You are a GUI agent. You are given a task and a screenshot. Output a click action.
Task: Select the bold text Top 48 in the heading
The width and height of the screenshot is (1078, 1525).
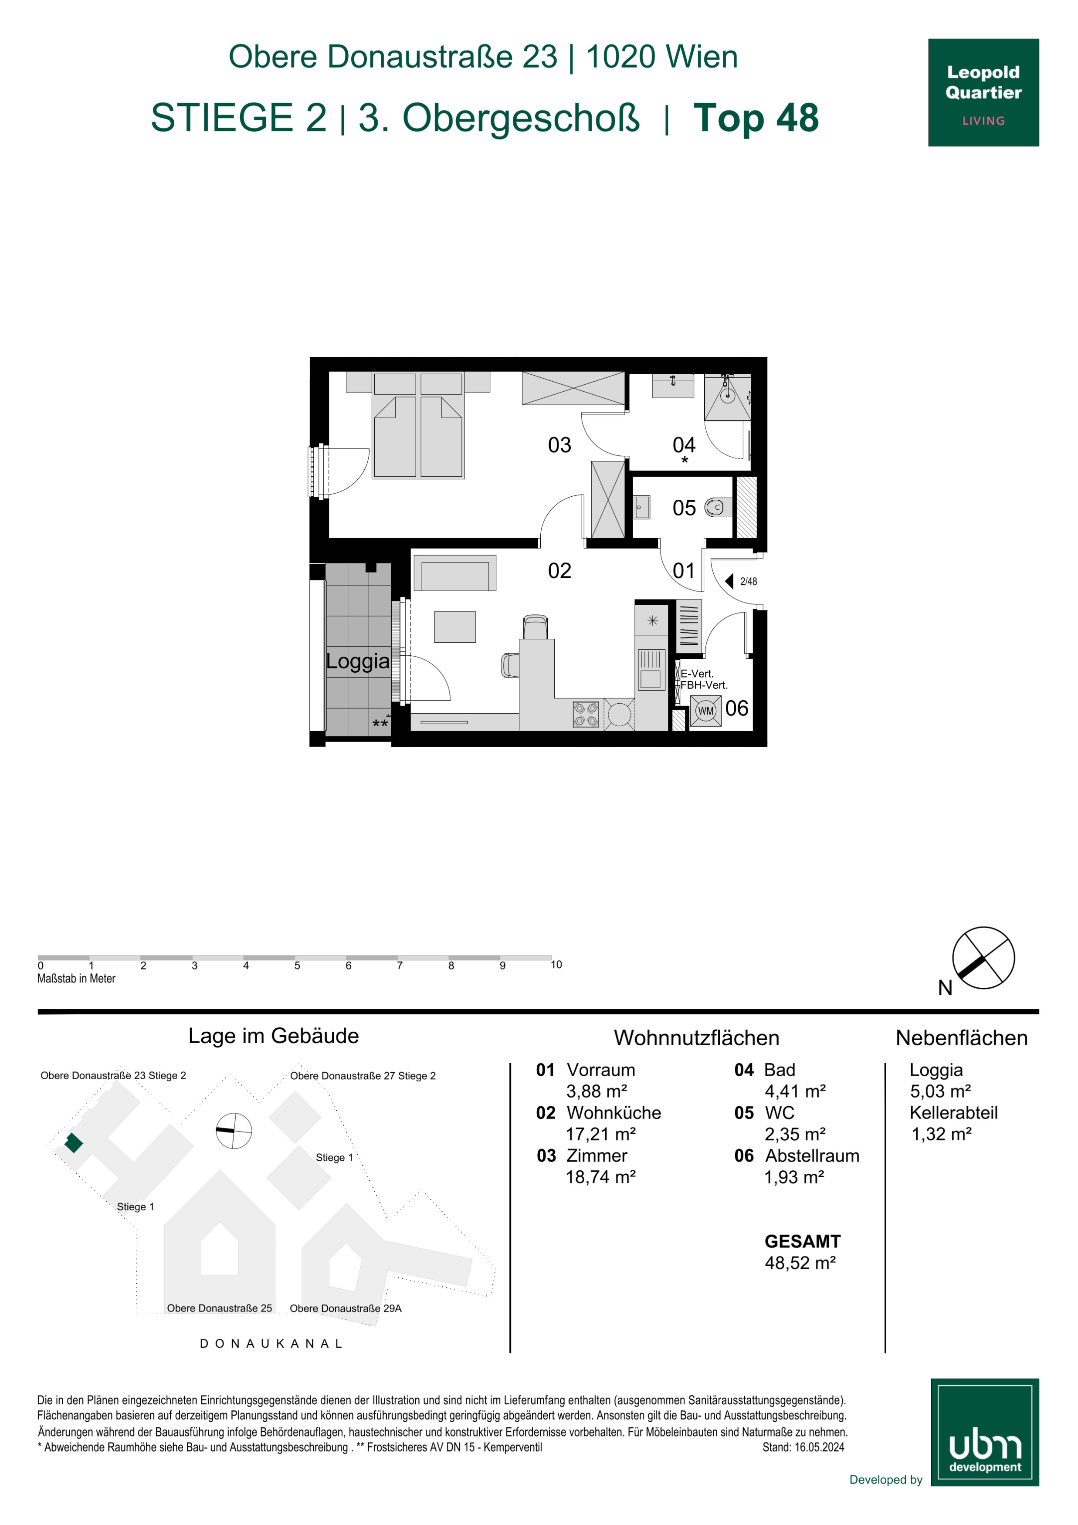756,118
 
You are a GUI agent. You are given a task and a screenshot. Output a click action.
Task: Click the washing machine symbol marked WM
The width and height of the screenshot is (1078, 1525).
705,711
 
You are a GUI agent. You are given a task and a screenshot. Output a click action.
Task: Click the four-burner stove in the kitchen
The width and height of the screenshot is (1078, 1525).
586,715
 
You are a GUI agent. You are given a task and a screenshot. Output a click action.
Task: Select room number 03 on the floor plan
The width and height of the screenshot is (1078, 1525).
559,445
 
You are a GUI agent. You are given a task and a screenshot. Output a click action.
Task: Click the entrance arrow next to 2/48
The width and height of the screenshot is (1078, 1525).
729,582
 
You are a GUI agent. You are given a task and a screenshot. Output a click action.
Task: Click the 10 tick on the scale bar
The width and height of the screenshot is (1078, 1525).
556,964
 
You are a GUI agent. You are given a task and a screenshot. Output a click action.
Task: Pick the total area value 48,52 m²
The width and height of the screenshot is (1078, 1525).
800,1263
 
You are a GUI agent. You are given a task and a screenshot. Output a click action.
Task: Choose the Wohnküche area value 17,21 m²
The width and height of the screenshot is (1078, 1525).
600,1134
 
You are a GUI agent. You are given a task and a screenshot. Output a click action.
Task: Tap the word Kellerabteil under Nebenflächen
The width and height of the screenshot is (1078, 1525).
953,1112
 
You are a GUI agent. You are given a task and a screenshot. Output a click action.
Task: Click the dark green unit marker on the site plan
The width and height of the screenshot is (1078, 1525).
74,1143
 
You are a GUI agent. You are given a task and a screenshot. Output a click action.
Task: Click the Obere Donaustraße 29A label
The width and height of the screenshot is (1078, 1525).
346,1308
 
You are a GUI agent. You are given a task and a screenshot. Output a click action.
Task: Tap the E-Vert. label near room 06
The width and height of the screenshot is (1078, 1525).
697,674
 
